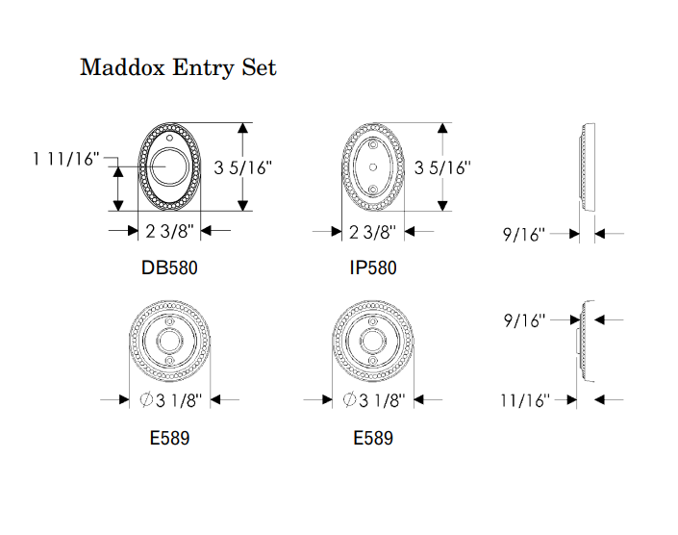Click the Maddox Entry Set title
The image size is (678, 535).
click(178, 67)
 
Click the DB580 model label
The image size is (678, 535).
click(169, 267)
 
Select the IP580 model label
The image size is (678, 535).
click(373, 267)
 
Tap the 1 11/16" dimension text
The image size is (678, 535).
click(66, 159)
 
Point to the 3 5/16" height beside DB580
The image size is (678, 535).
click(243, 167)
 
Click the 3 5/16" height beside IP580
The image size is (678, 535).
click(442, 167)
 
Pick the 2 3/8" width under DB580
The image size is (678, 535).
click(169, 231)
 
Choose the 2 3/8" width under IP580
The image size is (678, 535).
click(373, 232)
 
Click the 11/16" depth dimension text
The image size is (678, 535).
click(525, 400)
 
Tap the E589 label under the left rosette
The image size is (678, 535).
click(169, 438)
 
